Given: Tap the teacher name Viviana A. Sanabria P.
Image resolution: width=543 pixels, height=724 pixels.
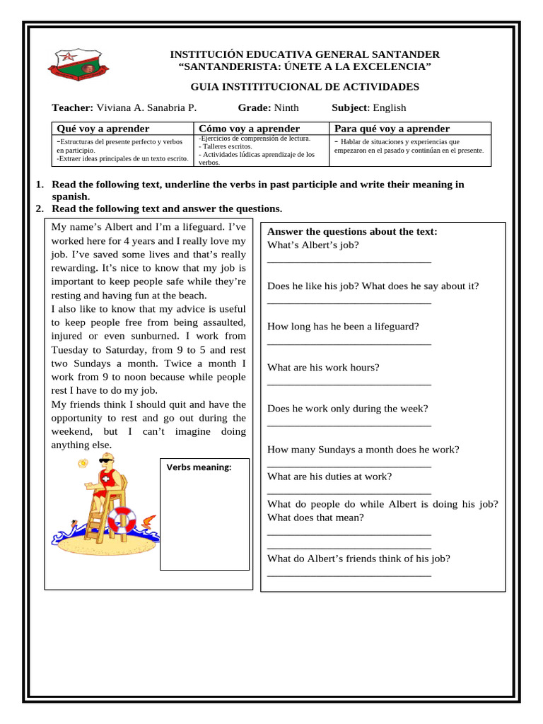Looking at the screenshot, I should [146, 107].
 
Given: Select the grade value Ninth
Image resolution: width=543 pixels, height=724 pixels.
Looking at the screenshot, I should [286, 107].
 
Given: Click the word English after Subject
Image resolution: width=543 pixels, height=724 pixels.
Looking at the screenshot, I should [390, 107].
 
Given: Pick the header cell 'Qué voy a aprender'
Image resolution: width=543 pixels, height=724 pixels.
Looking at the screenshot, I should [103, 129].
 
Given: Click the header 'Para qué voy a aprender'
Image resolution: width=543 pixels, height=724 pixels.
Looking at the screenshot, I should [392, 129].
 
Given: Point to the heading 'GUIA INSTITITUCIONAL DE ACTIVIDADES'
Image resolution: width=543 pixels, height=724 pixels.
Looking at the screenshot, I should [305, 87].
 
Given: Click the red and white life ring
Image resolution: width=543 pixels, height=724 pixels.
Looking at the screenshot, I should [121, 520].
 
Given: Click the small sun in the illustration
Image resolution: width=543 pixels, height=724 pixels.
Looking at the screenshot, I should [83, 463].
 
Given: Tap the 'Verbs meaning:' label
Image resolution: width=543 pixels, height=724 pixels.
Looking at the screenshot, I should [199, 467].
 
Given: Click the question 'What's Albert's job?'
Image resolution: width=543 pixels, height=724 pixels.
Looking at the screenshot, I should [313, 245].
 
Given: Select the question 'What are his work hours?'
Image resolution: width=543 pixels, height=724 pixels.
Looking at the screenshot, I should [323, 368].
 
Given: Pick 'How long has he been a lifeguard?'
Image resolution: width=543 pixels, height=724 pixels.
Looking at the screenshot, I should [343, 327].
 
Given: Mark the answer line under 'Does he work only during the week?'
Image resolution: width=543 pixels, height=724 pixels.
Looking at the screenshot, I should [349, 424].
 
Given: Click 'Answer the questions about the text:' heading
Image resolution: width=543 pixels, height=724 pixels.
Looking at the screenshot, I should [352, 232].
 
